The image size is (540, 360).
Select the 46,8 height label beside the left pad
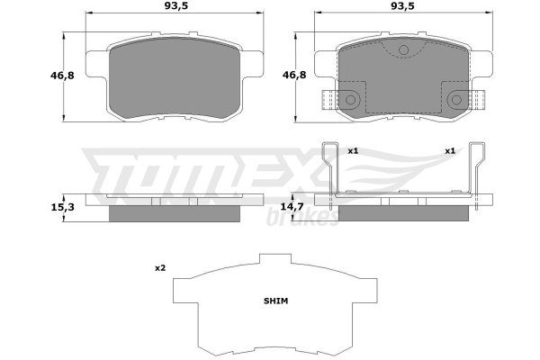point(62,75)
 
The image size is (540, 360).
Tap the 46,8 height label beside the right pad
point(294,75)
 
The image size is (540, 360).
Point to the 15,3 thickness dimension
point(62,207)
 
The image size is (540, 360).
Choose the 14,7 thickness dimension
point(292,207)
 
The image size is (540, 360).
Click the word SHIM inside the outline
point(276,301)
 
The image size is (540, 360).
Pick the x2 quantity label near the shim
point(160,267)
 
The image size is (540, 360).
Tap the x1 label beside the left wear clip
point(353,150)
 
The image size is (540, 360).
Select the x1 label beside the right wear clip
point(450,150)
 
